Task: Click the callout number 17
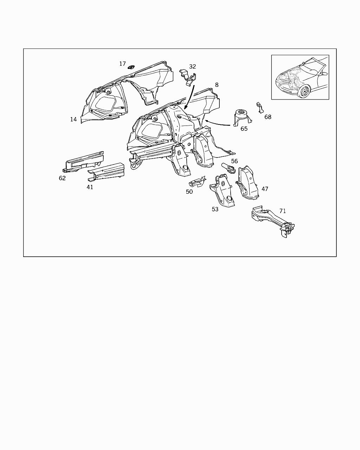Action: tap(123, 64)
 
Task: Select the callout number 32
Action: tap(192, 66)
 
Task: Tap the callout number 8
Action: tap(217, 85)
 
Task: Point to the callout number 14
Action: tap(73, 120)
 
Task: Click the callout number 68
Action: tap(268, 117)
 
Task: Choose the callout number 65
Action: tap(244, 129)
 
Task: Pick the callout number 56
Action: tap(234, 161)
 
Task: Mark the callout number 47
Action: tap(265, 189)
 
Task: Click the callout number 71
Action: tap(283, 211)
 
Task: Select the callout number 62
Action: tap(62, 178)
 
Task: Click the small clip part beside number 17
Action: tap(131, 67)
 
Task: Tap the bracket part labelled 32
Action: tap(188, 77)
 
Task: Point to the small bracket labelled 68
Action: tap(260, 108)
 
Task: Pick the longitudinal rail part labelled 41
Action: tap(107, 172)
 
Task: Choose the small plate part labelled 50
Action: tap(197, 182)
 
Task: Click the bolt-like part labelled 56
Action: tap(228, 168)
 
